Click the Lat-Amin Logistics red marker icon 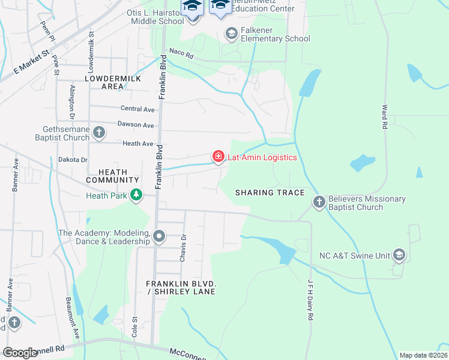pos(218,157)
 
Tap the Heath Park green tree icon pos(137,195)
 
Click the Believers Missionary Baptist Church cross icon pos(319,202)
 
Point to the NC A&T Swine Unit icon pos(399,255)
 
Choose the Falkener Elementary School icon pos(231,34)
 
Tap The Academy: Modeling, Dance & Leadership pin pos(159,236)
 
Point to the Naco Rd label pos(181,53)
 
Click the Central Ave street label pos(137,109)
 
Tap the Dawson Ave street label pos(136,125)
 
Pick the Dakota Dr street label pos(73,160)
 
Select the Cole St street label pos(135,327)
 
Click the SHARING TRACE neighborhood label pos(270,193)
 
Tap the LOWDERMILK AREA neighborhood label pos(112,82)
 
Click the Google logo pos(20,353)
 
